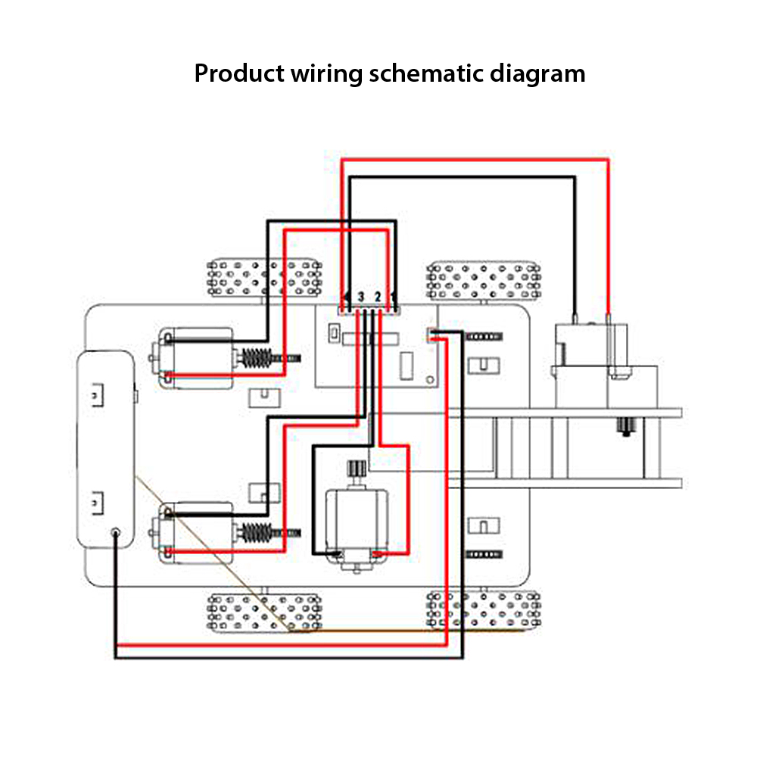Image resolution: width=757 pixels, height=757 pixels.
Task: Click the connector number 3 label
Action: [361, 296]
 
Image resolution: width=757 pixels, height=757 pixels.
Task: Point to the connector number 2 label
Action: [377, 296]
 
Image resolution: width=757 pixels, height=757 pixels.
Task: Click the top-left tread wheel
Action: [263, 277]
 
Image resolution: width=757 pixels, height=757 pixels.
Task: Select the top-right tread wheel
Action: [483, 280]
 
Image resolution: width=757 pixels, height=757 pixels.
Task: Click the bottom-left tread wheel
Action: [263, 612]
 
